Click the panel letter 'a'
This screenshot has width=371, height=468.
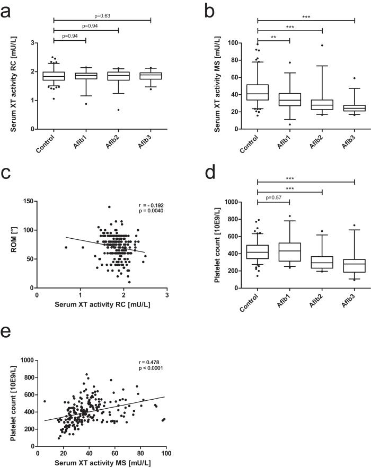[7, 11]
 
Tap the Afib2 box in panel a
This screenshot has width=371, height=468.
[118, 76]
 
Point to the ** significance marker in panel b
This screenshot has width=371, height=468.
[273, 37]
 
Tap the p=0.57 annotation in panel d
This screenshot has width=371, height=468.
[273, 199]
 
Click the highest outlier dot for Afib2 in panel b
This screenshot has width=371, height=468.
[322, 45]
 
